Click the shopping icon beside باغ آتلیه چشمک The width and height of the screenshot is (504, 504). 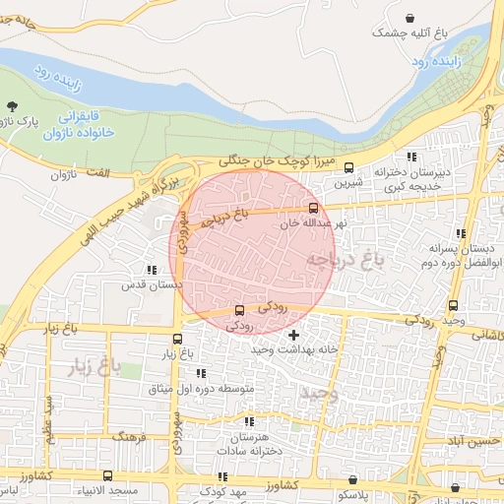pyautogui.click(x=409, y=18)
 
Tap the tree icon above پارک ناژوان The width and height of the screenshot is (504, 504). pyautogui.click(x=12, y=105)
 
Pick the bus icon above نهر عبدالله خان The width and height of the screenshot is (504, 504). pyautogui.click(x=314, y=208)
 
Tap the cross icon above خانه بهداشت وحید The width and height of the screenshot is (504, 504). pyautogui.click(x=292, y=337)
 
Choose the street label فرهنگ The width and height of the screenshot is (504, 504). pyautogui.click(x=129, y=434)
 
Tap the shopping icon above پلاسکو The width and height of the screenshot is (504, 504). pyautogui.click(x=352, y=478)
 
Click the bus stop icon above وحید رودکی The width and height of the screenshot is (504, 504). pyautogui.click(x=453, y=305)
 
